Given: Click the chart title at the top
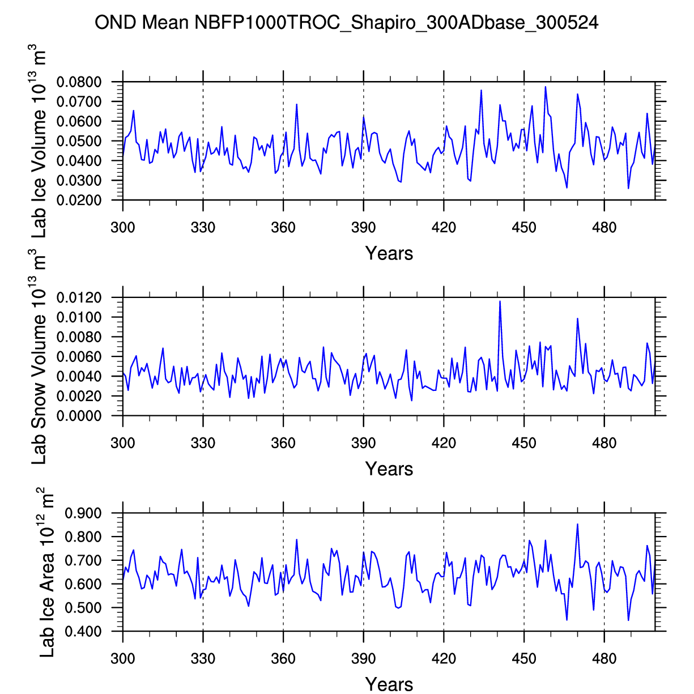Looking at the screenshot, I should [x=346, y=22].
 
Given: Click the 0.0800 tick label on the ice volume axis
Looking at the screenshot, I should [x=79, y=82].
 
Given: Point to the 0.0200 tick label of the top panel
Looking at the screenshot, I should [x=79, y=200].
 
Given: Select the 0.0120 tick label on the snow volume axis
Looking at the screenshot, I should [x=79, y=297].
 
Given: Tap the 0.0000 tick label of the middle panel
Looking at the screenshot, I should [x=79, y=416].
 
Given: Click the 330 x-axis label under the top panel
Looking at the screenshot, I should [x=203, y=228].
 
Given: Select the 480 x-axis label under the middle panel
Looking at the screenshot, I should [x=604, y=443].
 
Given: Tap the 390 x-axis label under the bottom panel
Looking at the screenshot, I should [x=363, y=659].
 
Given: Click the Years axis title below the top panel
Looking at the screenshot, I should [x=389, y=253].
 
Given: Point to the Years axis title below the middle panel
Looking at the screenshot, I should [x=389, y=469].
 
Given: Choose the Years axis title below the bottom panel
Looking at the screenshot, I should [x=389, y=684].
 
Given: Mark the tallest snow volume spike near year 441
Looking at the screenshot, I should [x=500, y=301].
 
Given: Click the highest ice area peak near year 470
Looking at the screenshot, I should [x=577, y=524].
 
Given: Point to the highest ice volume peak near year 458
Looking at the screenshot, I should [x=546, y=87].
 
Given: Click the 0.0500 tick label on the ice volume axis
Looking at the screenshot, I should [x=79, y=141].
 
